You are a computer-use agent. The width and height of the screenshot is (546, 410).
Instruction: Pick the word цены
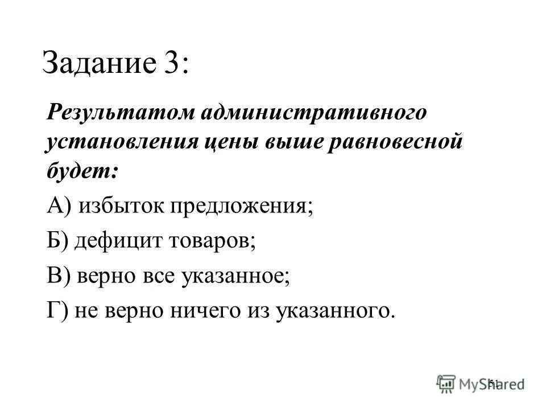point(230,142)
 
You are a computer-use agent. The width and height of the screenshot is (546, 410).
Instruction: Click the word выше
point(290,142)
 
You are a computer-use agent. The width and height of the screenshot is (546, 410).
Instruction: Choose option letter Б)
point(59,241)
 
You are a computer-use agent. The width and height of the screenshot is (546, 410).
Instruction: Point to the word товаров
point(211,241)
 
